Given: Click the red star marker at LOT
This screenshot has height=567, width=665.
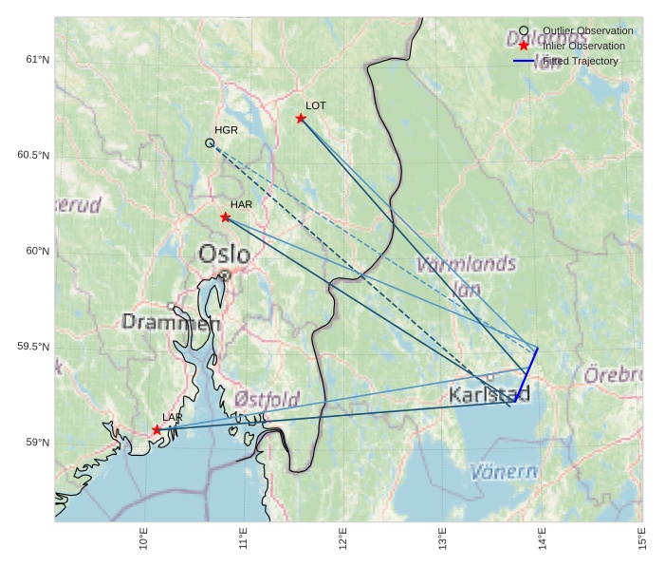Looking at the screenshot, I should coord(301,119).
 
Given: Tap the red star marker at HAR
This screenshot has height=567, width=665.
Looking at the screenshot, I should coord(226,217).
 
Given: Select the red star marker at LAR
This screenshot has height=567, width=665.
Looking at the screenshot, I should coord(157,430).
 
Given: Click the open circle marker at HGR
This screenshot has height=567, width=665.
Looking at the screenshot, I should coord(210,143).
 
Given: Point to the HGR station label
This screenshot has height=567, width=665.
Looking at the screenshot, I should coord(226,130).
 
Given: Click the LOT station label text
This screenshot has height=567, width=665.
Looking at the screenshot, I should coord(316,105).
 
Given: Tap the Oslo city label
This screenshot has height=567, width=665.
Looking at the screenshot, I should coord(225,255).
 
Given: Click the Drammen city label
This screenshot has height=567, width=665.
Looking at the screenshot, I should coord(171,323).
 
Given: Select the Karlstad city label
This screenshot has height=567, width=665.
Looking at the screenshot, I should coord(490,394).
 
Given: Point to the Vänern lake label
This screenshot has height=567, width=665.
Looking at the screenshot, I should coord(503,472).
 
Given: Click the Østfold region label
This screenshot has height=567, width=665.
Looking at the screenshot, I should coord(268,398).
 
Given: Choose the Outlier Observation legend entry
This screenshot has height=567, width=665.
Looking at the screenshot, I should coord(587,30).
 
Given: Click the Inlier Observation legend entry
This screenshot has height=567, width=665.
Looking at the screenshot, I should coord(583,46).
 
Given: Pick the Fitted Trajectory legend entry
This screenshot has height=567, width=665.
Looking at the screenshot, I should coord(580,61).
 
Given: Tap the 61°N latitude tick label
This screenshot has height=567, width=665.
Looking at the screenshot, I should coord(36,60).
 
